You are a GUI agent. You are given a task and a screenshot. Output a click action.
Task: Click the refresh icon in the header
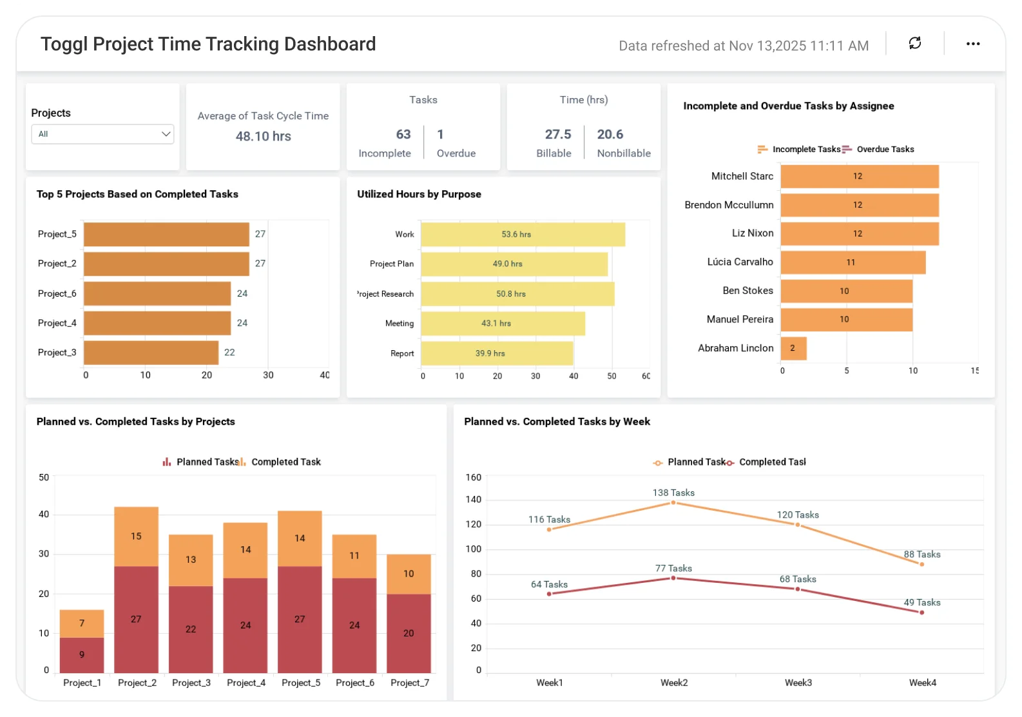[x=914, y=43]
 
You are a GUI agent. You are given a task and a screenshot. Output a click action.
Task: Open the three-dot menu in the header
[x=972, y=44]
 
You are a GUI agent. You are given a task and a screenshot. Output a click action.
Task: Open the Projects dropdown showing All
[x=102, y=134]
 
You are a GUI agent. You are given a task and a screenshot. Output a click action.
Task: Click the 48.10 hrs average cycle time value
[x=263, y=136]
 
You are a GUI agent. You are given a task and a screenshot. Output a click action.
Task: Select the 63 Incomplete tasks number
[x=403, y=134]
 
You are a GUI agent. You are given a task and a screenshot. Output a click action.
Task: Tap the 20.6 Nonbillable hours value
[x=610, y=134]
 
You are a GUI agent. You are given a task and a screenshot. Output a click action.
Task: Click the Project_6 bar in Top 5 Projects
[x=157, y=293]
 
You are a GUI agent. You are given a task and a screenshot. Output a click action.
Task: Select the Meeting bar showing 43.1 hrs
[x=503, y=324]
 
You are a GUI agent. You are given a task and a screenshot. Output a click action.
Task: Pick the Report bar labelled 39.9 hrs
[x=497, y=353]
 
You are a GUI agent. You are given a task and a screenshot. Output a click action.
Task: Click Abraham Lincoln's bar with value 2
[x=793, y=348]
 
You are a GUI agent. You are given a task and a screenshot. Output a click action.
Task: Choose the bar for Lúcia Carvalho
[x=853, y=262]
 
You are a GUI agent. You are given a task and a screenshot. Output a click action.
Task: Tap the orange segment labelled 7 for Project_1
[x=82, y=623]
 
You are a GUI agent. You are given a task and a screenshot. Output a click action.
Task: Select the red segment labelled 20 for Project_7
[x=409, y=633]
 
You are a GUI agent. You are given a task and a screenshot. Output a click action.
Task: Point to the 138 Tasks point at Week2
[x=673, y=502]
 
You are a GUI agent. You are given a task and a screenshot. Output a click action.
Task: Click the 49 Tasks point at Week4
[x=921, y=613]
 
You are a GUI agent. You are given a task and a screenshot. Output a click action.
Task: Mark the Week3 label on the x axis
[x=798, y=682]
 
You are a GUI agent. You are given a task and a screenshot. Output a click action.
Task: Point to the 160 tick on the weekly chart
[x=473, y=477]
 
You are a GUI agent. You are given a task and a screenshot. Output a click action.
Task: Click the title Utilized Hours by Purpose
[x=419, y=194]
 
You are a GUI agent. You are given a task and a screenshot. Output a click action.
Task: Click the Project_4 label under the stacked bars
[x=246, y=682]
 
